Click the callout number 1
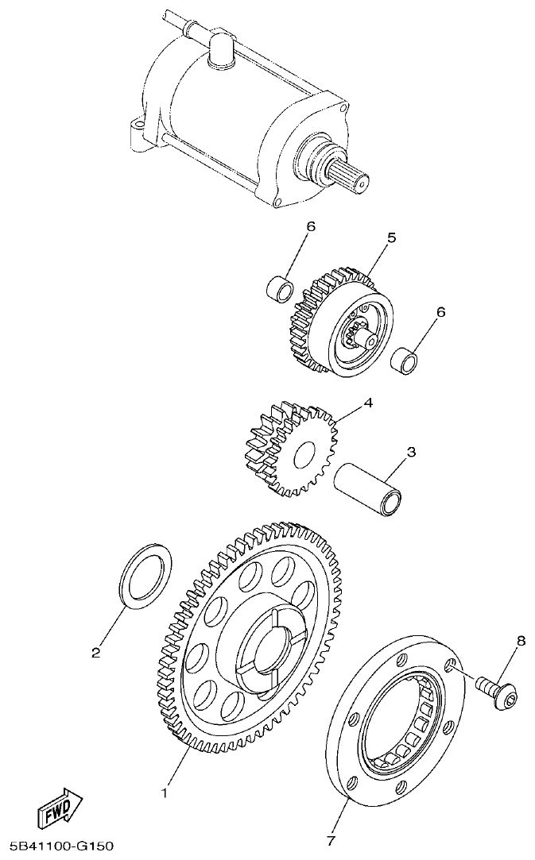(x=165, y=792)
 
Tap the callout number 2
(x=95, y=654)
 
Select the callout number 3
(x=411, y=453)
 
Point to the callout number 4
(x=367, y=403)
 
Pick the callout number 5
(x=391, y=237)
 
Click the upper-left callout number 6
(x=311, y=226)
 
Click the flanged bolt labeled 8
(x=497, y=691)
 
